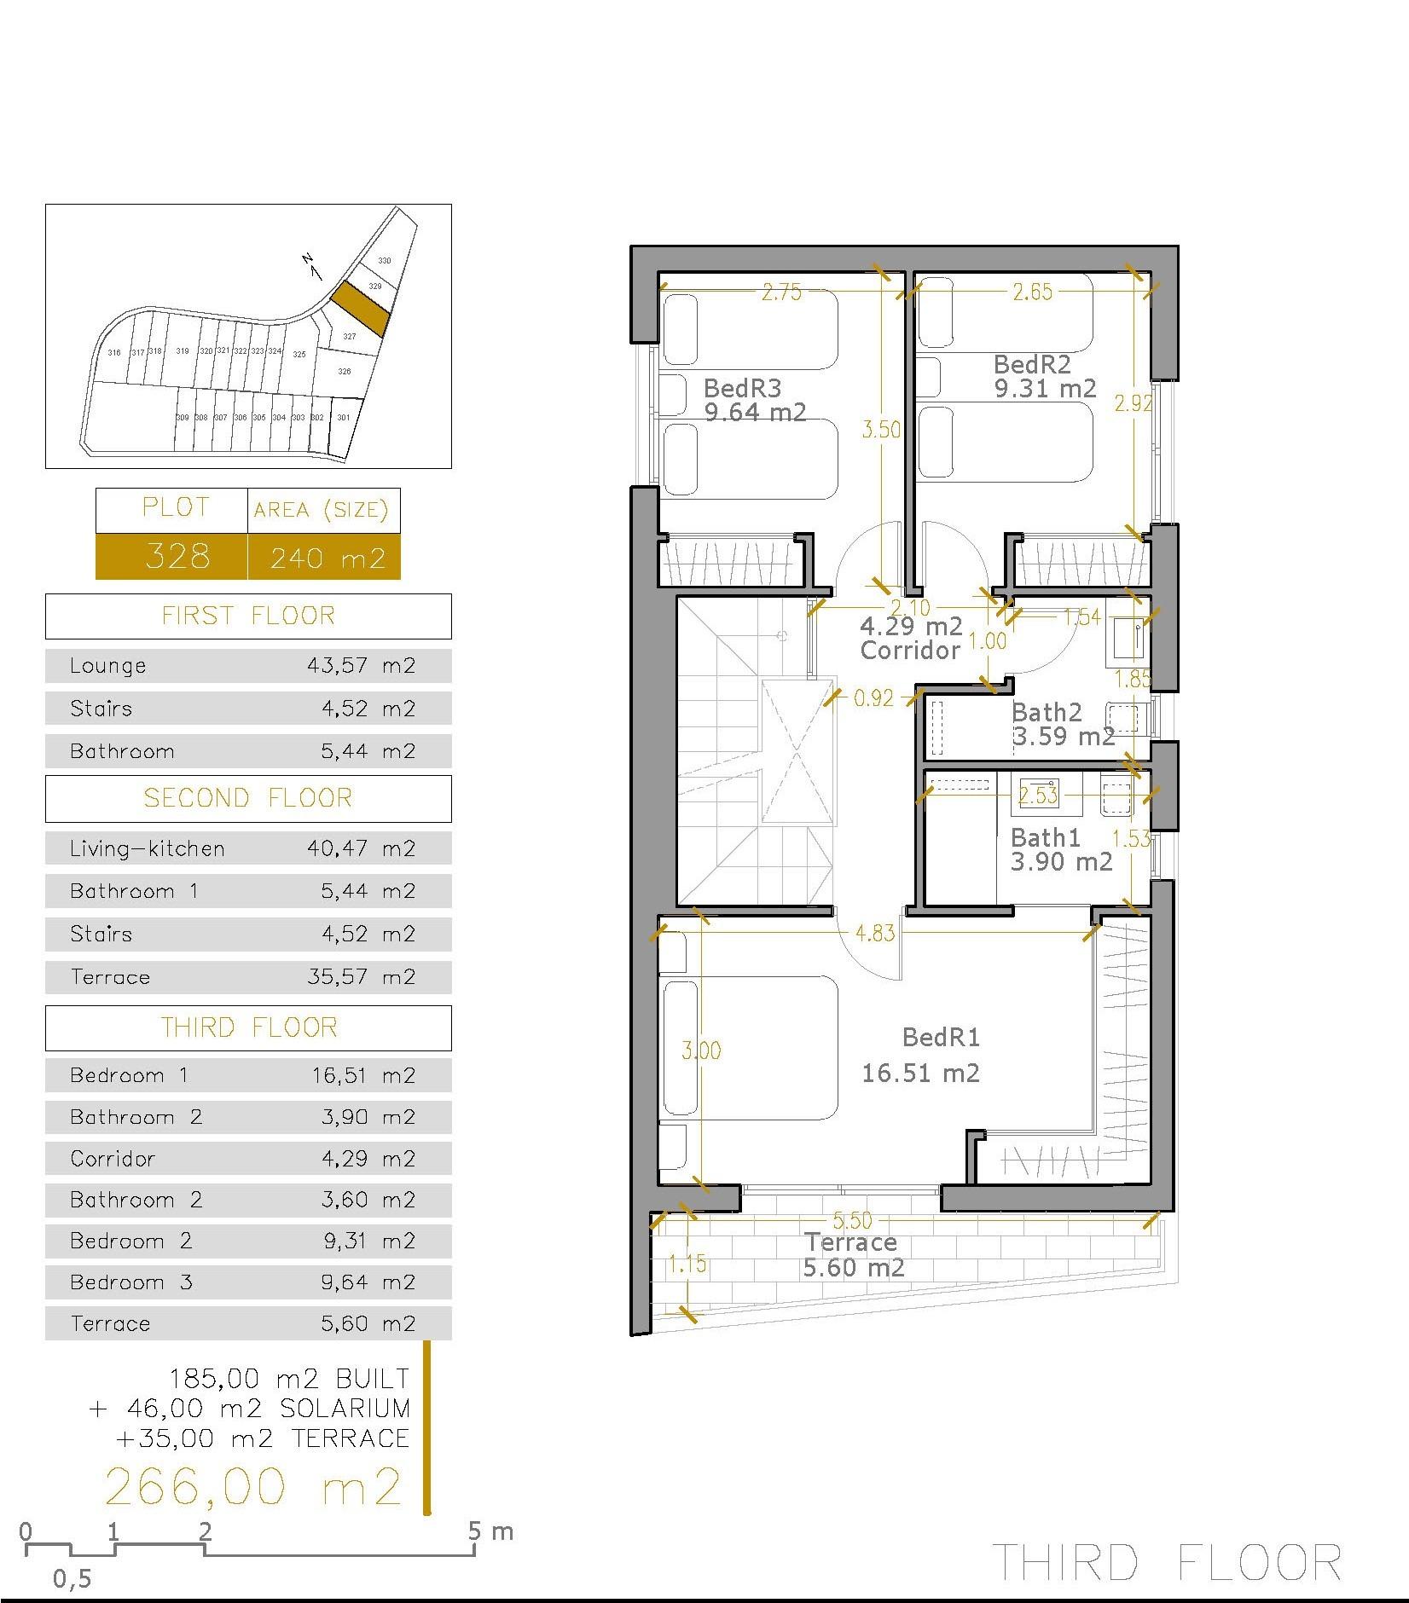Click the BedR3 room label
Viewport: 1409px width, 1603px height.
coord(742,389)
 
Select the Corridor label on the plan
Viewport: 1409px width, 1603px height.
coord(910,651)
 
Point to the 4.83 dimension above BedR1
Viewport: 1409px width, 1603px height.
coord(875,932)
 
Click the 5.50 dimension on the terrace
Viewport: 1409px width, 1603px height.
coord(852,1221)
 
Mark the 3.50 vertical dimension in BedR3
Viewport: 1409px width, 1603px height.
coord(880,429)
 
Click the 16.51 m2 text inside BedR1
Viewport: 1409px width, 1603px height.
coord(920,1073)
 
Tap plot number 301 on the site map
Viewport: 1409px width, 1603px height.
coord(343,418)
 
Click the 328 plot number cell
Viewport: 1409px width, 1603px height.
coord(177,557)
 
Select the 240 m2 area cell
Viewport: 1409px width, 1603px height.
coord(328,558)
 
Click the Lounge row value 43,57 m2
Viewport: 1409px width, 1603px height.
coord(361,665)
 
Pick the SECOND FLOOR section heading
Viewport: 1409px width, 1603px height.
coord(247,798)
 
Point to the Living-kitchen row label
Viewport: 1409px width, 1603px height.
coord(148,848)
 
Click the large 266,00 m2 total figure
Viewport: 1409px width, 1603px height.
coord(252,1486)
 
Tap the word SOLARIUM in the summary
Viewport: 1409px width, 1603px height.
coord(345,1408)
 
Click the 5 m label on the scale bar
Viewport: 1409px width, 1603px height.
coord(490,1532)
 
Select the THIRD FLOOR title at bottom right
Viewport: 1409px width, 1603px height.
coord(1168,1562)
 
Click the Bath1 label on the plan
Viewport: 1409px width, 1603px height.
coord(1045,837)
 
